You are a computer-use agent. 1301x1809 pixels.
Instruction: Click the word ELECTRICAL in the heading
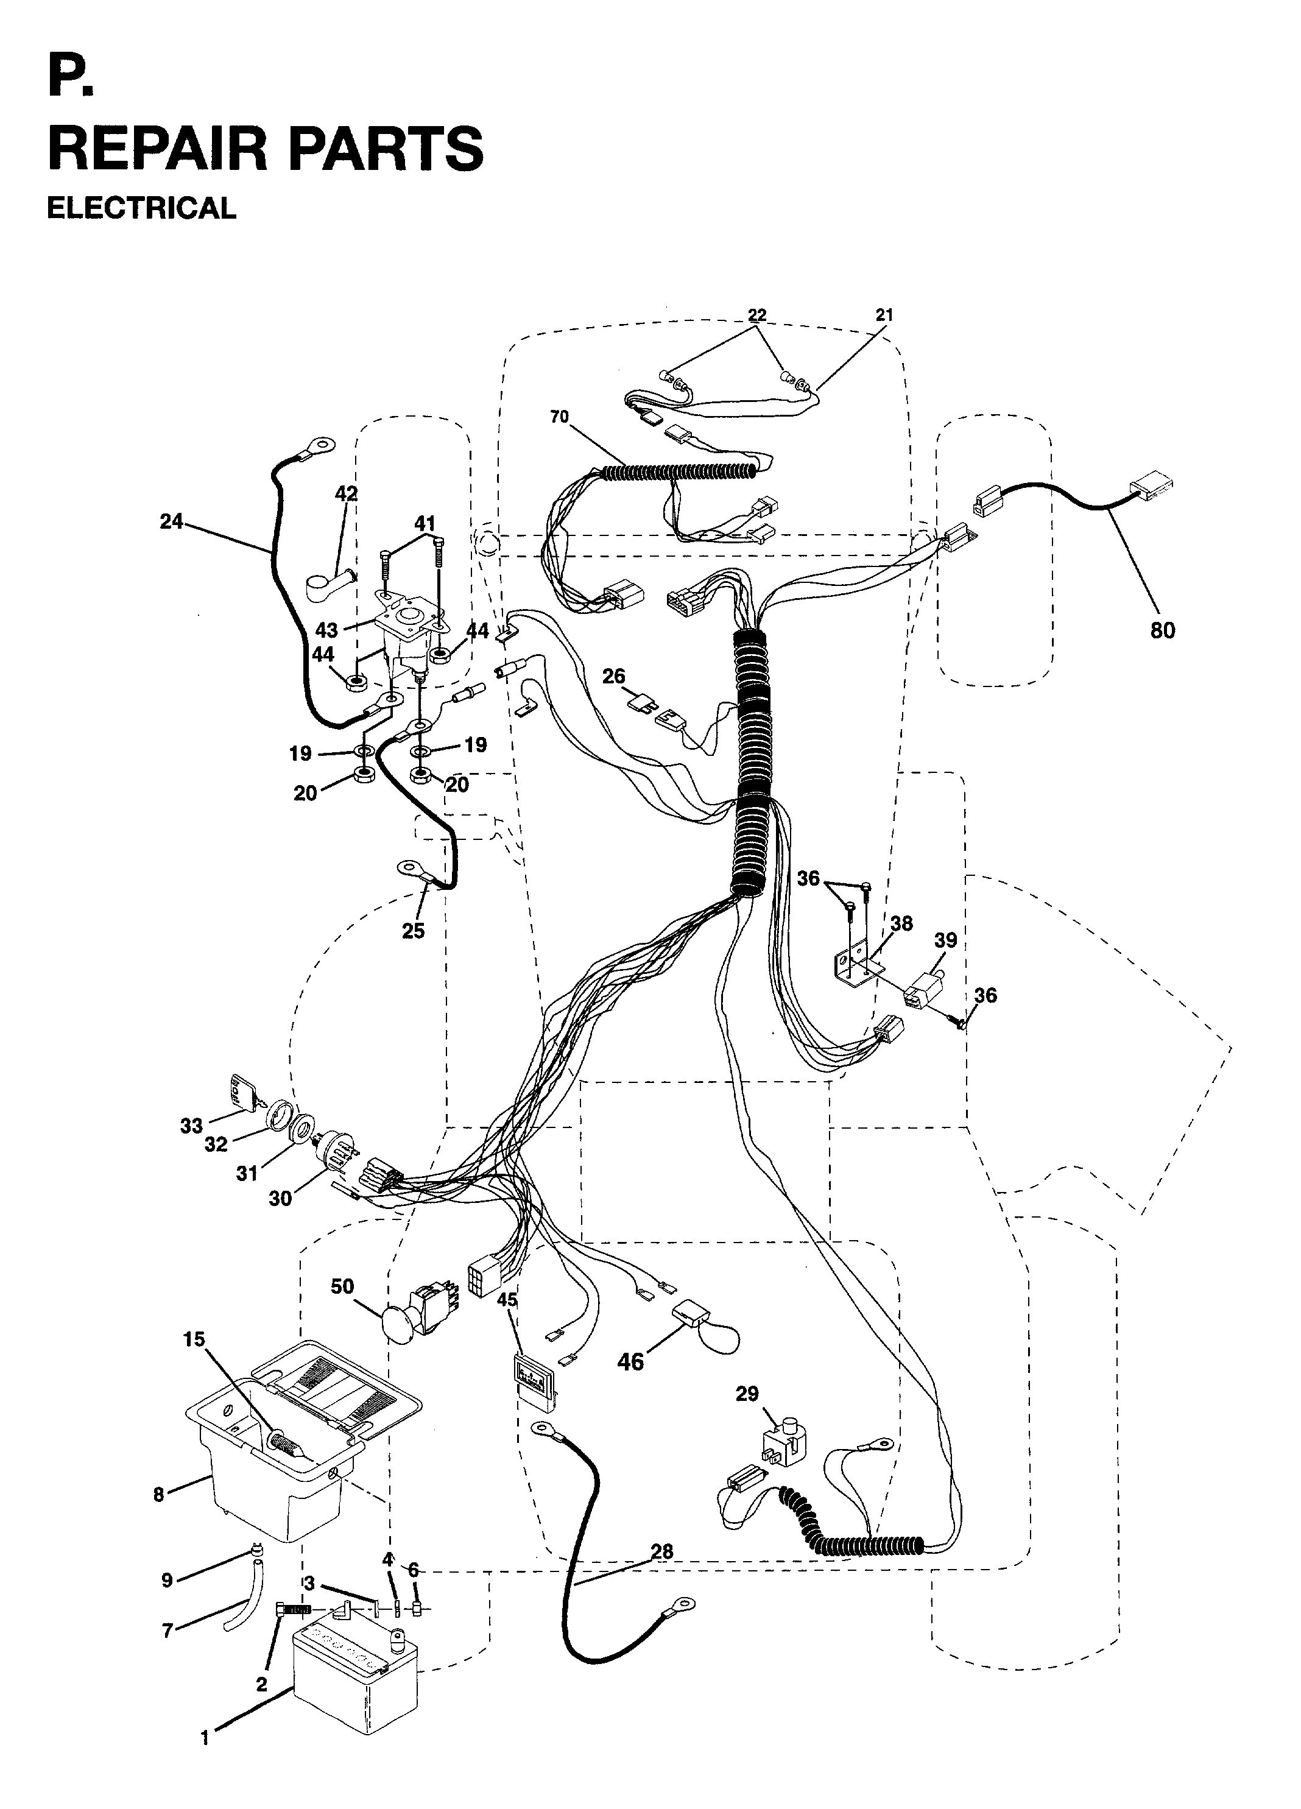tap(141, 208)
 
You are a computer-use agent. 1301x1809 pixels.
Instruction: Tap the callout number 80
tap(1162, 630)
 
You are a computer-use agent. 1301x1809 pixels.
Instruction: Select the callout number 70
tap(559, 417)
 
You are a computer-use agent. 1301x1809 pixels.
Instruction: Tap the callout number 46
tap(630, 1361)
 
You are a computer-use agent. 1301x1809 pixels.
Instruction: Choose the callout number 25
tap(413, 931)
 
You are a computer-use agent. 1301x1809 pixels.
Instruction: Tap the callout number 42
tap(346, 494)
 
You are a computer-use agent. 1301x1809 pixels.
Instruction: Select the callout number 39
tap(945, 940)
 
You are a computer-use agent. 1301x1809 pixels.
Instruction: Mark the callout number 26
tap(613, 676)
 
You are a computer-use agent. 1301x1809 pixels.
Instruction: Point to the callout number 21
tap(884, 315)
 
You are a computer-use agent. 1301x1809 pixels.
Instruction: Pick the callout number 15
tap(194, 1339)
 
